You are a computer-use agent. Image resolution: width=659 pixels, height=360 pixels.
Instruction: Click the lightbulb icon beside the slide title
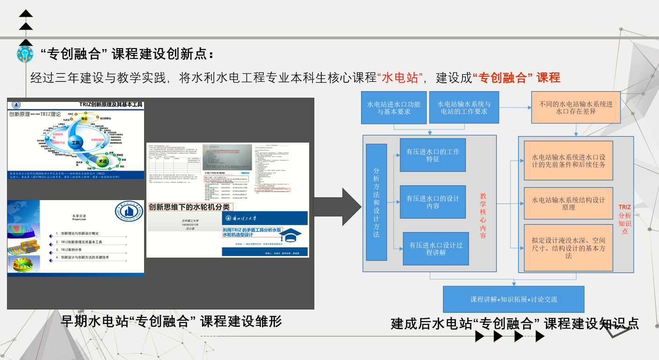[25, 54]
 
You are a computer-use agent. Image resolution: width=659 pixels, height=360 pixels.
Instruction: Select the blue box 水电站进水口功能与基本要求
[393, 108]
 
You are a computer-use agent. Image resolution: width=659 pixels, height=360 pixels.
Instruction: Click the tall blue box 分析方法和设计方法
[376, 202]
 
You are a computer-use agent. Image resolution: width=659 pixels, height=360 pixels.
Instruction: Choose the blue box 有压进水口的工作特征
[433, 155]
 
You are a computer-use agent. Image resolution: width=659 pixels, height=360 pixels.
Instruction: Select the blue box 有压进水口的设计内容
[433, 202]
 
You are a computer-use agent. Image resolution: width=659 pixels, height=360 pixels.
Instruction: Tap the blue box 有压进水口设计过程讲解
[435, 249]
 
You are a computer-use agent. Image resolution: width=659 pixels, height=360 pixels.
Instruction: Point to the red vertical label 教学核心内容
[483, 216]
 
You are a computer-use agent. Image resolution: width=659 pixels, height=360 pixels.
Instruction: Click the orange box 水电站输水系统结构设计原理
[568, 203]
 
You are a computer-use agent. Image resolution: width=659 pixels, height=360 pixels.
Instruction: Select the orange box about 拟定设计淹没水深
[568, 248]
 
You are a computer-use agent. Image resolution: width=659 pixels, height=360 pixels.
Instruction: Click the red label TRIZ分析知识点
[625, 218]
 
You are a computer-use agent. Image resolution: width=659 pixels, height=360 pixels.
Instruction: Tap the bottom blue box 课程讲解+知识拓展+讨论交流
[514, 299]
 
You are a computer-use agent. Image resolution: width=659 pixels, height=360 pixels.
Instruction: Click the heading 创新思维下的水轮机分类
[190, 207]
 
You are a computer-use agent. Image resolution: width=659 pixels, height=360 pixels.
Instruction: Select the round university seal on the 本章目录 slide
[129, 217]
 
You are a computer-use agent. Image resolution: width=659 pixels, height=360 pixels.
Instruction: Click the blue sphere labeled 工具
[75, 142]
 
